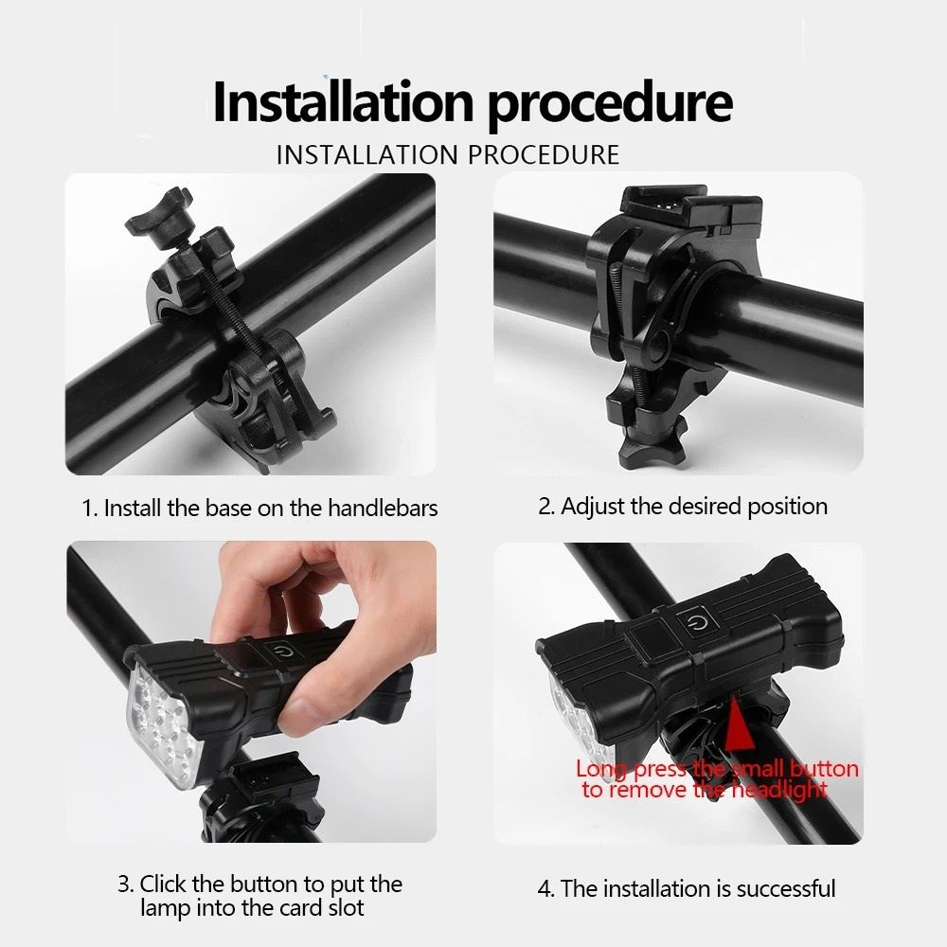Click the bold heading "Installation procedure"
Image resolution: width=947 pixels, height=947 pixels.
(473, 102)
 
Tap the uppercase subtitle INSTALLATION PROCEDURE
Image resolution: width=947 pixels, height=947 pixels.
(448, 155)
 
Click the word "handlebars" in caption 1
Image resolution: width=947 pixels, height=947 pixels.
(383, 508)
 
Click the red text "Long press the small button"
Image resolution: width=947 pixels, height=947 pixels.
(717, 769)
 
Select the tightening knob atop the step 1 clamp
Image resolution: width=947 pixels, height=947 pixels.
(159, 218)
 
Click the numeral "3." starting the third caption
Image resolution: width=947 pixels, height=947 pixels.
(126, 884)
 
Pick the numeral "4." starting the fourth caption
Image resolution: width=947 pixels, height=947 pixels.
(546, 889)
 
